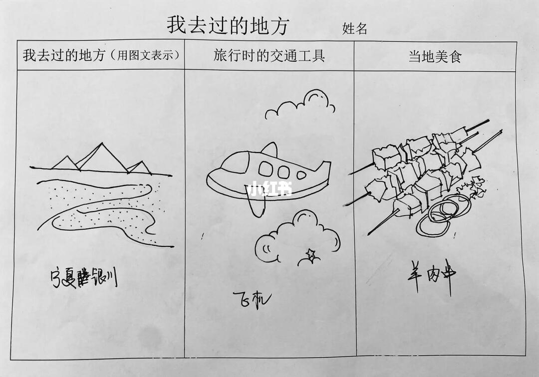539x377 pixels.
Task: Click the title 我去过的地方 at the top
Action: [x=228, y=25]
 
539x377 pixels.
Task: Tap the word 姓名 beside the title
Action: [x=355, y=29]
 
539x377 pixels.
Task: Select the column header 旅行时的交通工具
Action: [x=269, y=55]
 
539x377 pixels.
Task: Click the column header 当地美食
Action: [x=434, y=56]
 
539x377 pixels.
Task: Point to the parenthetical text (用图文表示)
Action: [x=145, y=56]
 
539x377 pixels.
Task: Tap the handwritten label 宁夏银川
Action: [x=84, y=278]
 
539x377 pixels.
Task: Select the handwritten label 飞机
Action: [x=252, y=299]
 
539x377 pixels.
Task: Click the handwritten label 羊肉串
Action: [x=432, y=276]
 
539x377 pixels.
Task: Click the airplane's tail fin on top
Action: [x=269, y=150]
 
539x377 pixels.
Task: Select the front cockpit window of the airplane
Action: [x=266, y=170]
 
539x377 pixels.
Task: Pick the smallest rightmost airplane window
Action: [x=301, y=175]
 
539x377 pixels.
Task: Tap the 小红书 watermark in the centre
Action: [x=269, y=190]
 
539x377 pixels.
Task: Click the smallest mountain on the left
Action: [x=65, y=163]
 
